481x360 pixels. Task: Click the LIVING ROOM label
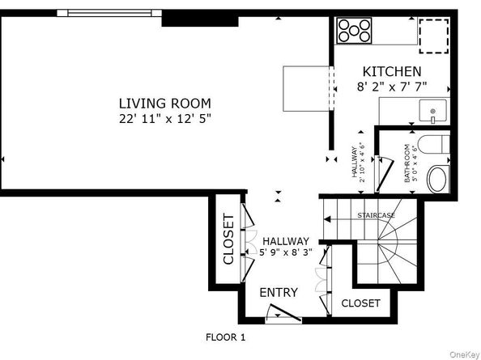(x=164, y=104)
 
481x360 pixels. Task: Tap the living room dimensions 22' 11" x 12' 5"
(x=164, y=118)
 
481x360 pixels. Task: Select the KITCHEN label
(x=391, y=71)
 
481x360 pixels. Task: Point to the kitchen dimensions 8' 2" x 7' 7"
(x=391, y=86)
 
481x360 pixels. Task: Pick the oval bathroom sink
(x=436, y=179)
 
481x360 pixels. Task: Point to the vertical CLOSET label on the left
(x=228, y=239)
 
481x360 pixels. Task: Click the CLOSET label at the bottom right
(x=361, y=303)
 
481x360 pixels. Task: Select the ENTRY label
(x=279, y=292)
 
